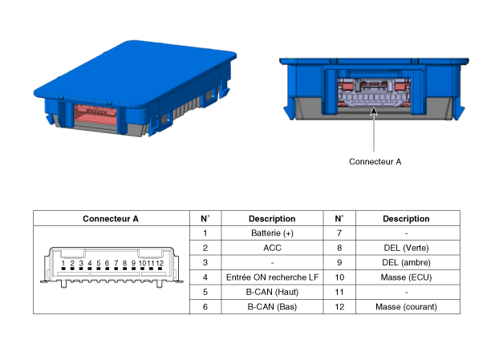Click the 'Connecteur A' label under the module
tap(375, 161)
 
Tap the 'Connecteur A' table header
tap(111, 218)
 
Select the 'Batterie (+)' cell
tap(272, 233)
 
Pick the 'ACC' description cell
tap(272, 248)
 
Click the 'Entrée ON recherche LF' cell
tap(272, 277)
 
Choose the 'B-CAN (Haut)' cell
tap(272, 292)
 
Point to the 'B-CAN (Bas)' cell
tap(272, 306)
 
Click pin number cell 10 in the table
tap(339, 277)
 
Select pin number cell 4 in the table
tap(205, 277)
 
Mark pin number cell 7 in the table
tap(339, 233)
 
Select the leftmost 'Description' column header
tap(272, 218)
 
